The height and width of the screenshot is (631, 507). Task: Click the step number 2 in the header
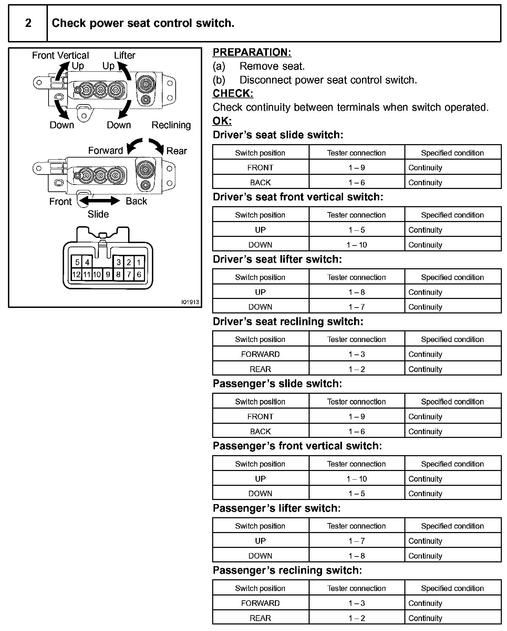point(28,23)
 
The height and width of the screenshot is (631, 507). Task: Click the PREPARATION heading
point(252,52)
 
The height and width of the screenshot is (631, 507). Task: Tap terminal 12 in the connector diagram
point(76,274)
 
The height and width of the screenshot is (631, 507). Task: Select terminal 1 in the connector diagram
point(139,262)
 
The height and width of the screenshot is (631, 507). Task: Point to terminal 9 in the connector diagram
point(108,274)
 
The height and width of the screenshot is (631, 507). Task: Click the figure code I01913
point(190,302)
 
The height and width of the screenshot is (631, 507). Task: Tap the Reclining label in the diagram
point(171,125)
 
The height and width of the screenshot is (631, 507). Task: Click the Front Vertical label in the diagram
point(60,55)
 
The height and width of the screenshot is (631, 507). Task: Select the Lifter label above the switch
point(125,55)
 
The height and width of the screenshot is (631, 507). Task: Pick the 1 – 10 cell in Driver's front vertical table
point(356,245)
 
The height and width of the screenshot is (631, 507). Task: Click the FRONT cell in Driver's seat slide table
point(260,168)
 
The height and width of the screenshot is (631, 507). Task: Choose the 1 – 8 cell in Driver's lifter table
point(356,292)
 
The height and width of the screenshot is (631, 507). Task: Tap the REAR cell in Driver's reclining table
point(260,369)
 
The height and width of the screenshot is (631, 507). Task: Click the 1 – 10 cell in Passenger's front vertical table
point(356,479)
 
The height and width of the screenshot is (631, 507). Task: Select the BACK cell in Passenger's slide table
point(260,431)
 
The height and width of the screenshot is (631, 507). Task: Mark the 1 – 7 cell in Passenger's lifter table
point(356,541)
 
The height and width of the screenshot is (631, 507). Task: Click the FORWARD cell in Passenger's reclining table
point(260,603)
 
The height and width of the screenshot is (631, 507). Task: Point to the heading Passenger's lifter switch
point(277,508)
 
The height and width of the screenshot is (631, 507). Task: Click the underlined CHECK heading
point(233,93)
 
